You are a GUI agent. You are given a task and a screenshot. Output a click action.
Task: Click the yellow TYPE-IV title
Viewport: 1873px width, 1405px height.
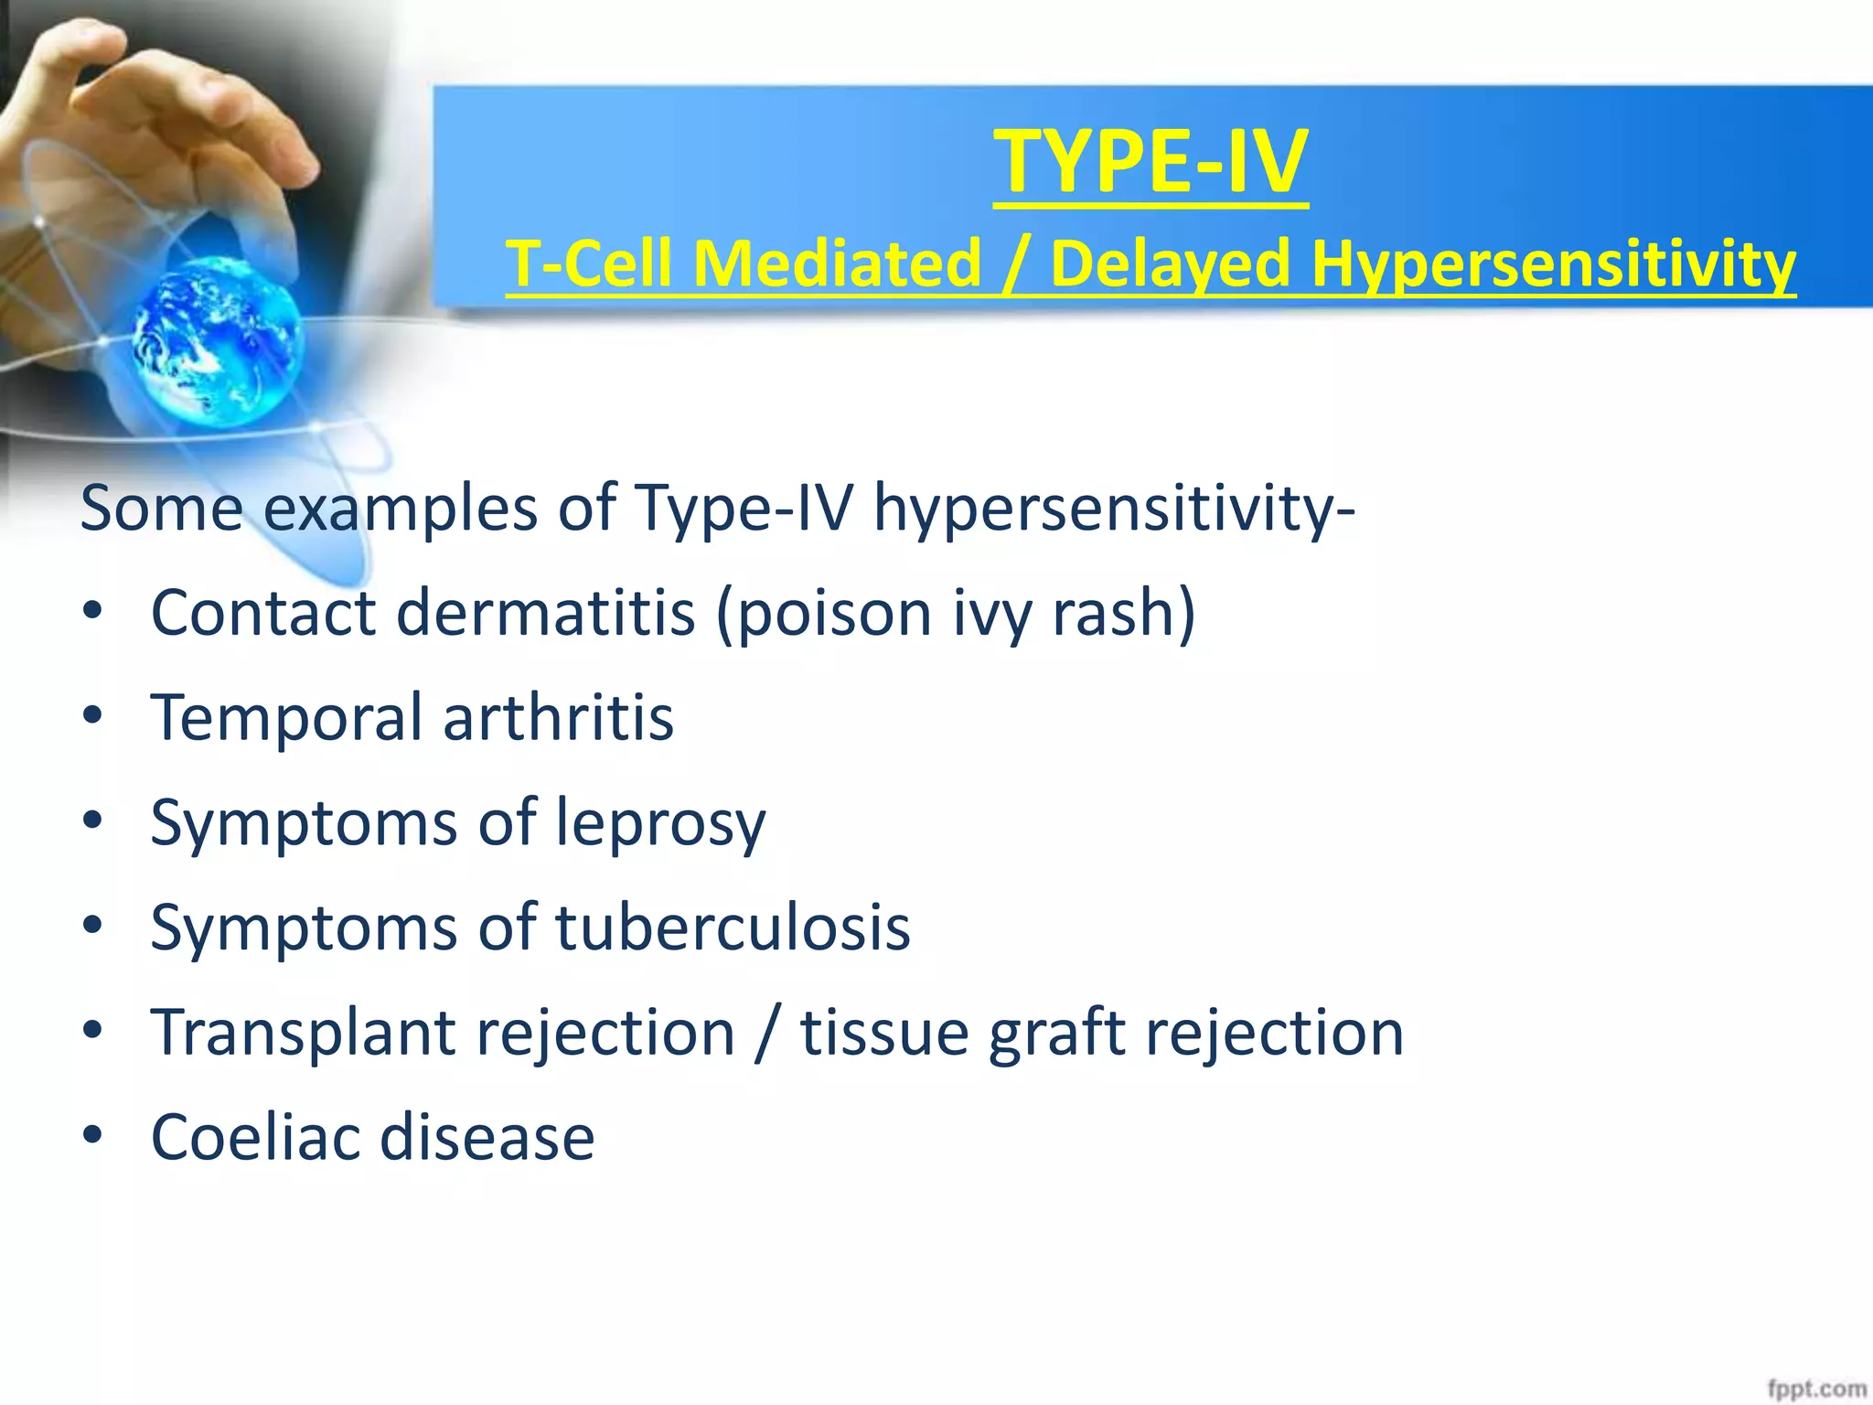click(x=1151, y=162)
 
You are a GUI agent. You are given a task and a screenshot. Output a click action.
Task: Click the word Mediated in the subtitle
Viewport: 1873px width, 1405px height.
click(x=836, y=264)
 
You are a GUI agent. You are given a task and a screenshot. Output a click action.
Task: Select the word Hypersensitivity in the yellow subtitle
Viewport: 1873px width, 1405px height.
click(x=1552, y=264)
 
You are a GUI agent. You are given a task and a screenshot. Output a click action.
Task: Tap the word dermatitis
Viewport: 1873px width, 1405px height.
click(x=545, y=612)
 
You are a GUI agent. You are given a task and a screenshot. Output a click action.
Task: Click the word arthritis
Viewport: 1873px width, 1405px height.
click(x=558, y=717)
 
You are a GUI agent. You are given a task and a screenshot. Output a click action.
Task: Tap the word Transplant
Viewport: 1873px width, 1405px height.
click(x=303, y=1032)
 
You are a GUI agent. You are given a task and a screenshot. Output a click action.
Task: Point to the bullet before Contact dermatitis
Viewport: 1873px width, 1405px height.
click(x=91, y=612)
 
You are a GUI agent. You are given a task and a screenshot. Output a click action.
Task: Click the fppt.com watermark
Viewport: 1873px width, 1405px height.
click(x=1816, y=1389)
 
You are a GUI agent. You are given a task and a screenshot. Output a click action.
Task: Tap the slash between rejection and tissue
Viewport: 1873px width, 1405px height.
click(x=767, y=1032)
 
